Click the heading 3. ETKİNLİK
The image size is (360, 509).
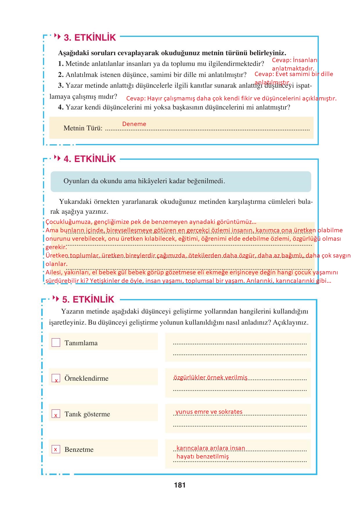click(90, 38)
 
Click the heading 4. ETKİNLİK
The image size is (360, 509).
click(90, 159)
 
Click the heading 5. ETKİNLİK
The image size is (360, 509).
click(88, 300)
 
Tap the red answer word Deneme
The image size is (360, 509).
click(134, 124)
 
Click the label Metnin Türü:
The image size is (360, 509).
click(83, 128)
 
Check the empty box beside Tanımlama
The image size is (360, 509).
click(56, 343)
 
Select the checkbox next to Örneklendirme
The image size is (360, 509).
click(56, 378)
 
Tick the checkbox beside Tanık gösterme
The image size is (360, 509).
click(56, 414)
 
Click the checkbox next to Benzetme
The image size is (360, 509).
click(56, 449)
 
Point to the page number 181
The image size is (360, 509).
click(180, 485)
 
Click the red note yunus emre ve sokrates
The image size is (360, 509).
click(209, 412)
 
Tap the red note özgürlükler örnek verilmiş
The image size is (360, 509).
click(210, 377)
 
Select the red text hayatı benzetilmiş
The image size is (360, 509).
click(202, 456)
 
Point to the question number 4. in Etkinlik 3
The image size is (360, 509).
click(61, 107)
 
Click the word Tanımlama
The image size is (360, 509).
click(81, 343)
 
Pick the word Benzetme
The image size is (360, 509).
click(79, 450)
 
